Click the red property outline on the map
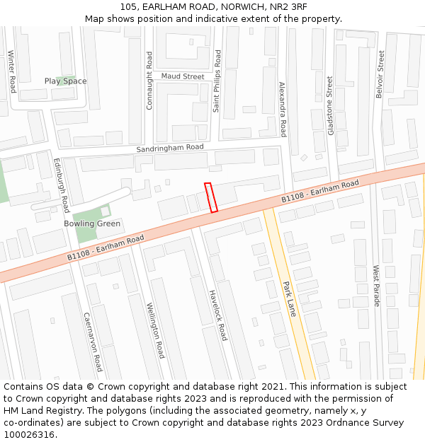[x=210, y=197]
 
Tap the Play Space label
[x=65, y=81]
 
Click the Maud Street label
[x=182, y=76]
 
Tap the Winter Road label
[x=11, y=71]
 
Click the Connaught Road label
[x=149, y=81]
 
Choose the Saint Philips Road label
[x=217, y=81]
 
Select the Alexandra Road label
[x=282, y=109]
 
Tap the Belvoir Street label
[x=380, y=74]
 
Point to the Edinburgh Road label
[x=62, y=185]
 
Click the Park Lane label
[x=289, y=298]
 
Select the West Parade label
[x=376, y=286]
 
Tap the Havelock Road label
[x=218, y=315]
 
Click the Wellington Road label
[x=155, y=330]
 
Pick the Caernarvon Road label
[x=93, y=342]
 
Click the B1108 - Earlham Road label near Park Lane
[x=320, y=191]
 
